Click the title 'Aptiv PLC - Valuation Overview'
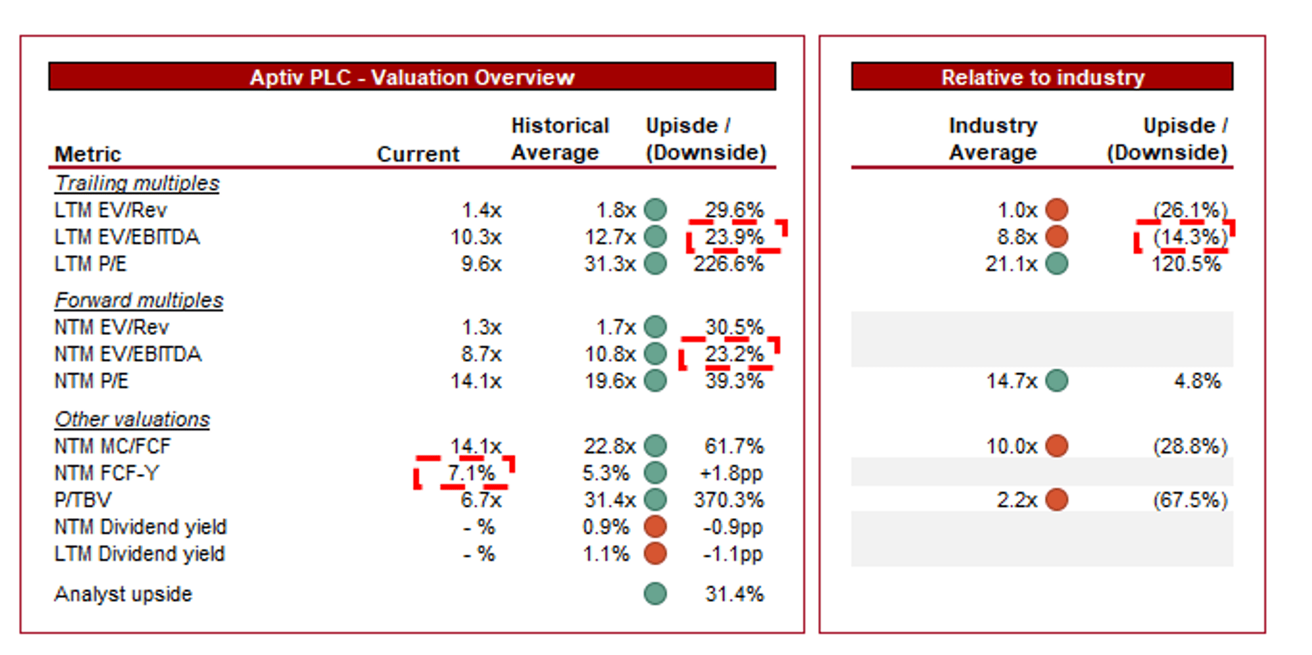(412, 77)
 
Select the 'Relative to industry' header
(1042, 77)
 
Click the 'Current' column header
(418, 154)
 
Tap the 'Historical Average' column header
(560, 139)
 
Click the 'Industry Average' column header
(993, 139)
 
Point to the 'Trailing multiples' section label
(136, 183)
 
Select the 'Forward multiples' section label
(138, 300)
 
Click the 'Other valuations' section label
(132, 419)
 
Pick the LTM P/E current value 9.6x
(481, 264)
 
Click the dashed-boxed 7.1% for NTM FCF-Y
(470, 473)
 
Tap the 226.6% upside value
(728, 264)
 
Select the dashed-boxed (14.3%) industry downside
(1189, 237)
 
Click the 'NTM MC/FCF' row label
(112, 447)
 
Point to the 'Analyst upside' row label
(123, 594)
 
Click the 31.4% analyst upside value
(734, 594)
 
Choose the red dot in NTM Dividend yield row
(655, 526)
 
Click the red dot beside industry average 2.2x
(1056, 500)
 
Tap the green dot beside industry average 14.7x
(1056, 380)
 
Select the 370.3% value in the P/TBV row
(728, 500)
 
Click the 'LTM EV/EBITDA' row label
(127, 237)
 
